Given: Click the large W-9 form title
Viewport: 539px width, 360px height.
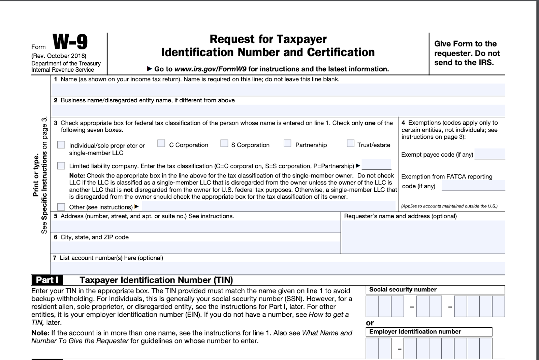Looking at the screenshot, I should pos(70,42).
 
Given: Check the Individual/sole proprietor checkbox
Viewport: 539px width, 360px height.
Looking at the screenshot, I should pos(61,145).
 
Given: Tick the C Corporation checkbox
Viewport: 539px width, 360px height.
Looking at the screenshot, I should pos(161,144).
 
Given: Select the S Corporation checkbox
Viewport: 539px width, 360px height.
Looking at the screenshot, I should pos(224,144).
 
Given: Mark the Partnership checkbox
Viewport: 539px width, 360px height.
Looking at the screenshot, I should pos(287,144).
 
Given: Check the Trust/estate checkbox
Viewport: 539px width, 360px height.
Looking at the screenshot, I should pos(350,144).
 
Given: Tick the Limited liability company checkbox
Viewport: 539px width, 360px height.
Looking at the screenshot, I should pos(61,166).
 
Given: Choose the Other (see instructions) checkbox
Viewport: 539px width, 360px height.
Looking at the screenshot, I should pos(61,207).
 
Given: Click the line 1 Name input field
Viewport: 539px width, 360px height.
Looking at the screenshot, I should pos(278,90).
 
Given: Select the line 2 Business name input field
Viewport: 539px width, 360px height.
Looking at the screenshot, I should pos(278,110).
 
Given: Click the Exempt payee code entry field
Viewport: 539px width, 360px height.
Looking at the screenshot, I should pos(489,154).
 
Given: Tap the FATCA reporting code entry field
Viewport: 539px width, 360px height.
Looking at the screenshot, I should pos(473,186).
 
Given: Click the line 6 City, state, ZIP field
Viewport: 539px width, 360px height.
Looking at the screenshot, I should pos(195,247).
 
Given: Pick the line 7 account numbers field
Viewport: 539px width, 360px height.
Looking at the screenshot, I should pos(278,268).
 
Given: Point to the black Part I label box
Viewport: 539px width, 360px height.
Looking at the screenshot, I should pos(47,280).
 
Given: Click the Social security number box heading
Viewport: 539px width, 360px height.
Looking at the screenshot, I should pos(403,290).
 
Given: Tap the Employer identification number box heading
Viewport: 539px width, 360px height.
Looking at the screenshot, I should pos(415,332).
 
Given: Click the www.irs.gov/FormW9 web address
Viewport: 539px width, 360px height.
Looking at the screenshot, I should pos(210,69).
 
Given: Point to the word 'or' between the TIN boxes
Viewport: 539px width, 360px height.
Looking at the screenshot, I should pos(370,323).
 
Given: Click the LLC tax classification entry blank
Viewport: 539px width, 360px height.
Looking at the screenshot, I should pos(376,165).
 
